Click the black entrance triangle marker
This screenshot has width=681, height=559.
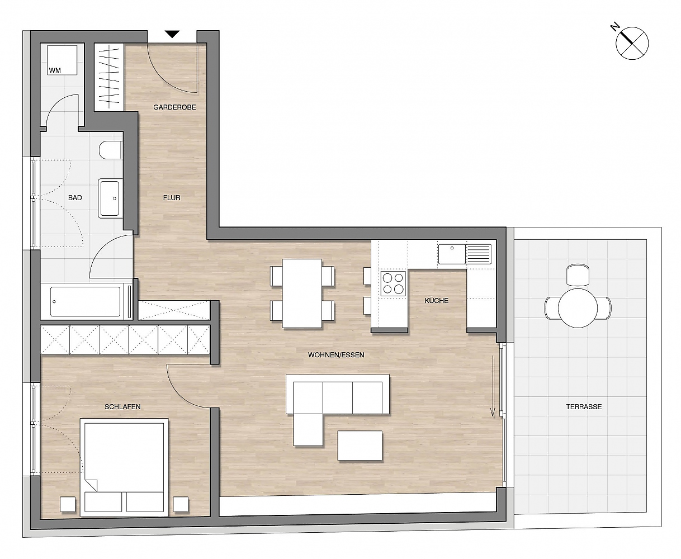point(172,34)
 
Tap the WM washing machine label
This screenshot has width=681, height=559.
point(55,70)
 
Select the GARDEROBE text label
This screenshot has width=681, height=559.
point(174,107)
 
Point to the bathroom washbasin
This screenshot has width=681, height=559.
point(110,198)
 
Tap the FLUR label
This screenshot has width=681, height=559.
point(172,198)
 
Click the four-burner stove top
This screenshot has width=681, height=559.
point(393,283)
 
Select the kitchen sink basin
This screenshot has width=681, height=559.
point(452,254)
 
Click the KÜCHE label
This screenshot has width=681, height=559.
point(436,301)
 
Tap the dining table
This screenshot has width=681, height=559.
point(302,293)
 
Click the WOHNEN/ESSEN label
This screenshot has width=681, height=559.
point(336,355)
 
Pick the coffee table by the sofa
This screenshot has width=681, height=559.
point(360,446)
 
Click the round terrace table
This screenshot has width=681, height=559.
point(578,308)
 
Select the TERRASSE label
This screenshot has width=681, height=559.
point(584,406)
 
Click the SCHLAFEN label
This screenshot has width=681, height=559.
point(122,406)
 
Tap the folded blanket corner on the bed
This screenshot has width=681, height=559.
point(91,485)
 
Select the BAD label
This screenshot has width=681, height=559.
point(75,198)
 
